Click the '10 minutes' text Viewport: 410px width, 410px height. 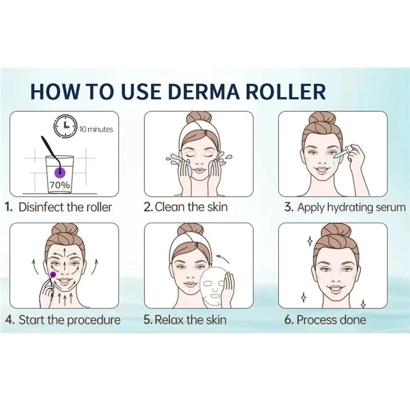point(96,129)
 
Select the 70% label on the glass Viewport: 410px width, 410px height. point(59,184)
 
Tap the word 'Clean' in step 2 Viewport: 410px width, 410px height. point(170,207)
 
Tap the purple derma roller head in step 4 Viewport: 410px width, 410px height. point(53,274)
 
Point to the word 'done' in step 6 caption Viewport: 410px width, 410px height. point(354,320)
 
